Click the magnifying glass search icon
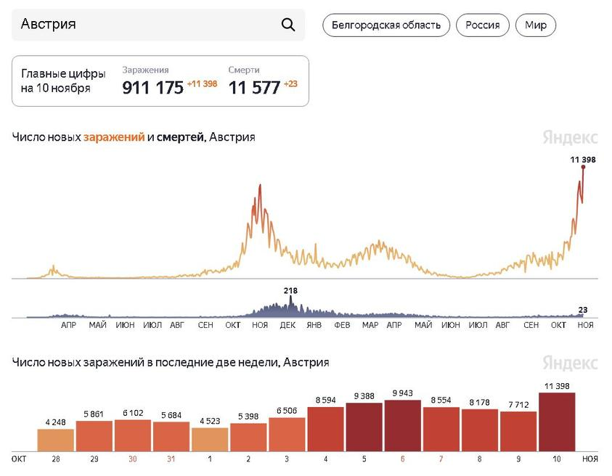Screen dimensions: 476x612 coord(288,25)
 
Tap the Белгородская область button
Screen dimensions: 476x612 coord(386,25)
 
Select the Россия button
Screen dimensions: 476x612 coord(483,25)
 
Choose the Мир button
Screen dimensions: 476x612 coord(536,25)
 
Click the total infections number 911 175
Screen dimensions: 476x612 coord(152,88)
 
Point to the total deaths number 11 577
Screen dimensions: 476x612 coord(254,88)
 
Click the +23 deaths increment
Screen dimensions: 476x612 coord(290,84)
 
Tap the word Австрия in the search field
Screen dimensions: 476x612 coord(49,25)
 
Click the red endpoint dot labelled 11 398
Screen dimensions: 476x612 coord(583,167)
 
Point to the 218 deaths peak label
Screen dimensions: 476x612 coord(290,291)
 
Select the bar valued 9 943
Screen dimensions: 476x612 coord(404,427)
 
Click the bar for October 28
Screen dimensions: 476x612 coord(56,440)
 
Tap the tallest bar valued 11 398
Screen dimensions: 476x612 coord(558,423)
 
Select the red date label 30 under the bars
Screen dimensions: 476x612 coord(133,459)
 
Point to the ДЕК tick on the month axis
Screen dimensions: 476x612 coord(287,325)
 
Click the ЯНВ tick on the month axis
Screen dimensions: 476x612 coord(314,325)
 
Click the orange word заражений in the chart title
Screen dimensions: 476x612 coord(114,136)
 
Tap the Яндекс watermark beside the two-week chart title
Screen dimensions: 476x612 coord(570,362)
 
